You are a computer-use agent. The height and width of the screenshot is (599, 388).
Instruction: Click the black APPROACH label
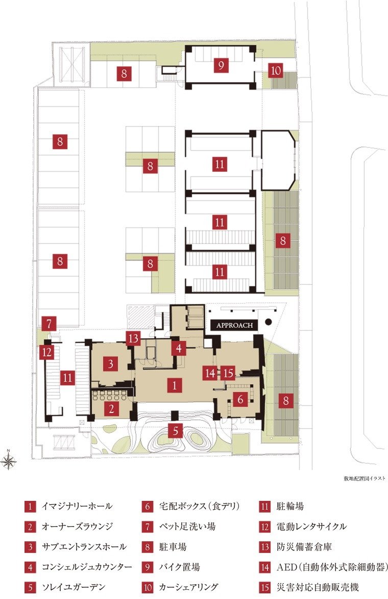234,325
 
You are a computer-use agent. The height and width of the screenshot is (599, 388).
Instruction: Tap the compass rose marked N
8,460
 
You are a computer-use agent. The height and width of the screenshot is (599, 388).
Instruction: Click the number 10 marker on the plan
276,71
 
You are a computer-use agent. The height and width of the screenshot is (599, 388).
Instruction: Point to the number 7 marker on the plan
49,325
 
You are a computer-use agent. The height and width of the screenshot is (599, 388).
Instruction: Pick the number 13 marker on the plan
133,338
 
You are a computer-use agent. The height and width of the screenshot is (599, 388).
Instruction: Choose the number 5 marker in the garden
175,431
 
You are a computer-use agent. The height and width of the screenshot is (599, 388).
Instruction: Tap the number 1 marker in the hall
175,385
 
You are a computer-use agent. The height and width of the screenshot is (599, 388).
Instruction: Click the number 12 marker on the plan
47,352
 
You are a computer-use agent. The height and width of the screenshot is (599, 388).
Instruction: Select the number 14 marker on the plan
210,373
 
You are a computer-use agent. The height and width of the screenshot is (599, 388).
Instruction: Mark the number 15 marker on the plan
228,373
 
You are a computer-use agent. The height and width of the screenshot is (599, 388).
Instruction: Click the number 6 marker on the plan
240,399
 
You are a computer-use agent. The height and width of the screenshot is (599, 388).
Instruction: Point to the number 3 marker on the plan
111,363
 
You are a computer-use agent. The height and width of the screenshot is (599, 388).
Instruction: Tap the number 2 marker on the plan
111,409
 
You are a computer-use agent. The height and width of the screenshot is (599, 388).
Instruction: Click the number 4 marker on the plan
179,348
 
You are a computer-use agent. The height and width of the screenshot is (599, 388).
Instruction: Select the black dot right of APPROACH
269,321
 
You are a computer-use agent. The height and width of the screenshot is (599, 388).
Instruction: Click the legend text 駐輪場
290,506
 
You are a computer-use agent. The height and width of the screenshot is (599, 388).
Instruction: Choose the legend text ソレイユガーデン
73,587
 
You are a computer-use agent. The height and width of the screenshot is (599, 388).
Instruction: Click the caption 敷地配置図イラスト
365,478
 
